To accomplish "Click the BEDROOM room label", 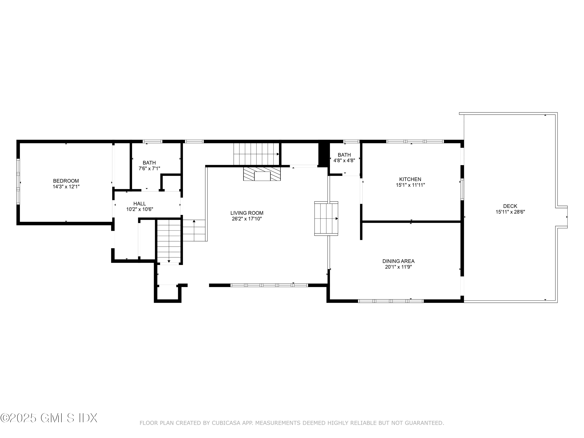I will click(x=66, y=181).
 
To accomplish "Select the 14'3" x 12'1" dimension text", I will click(x=66, y=187).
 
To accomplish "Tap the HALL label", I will click(x=139, y=204).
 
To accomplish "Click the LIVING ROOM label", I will click(x=247, y=213).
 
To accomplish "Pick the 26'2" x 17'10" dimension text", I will click(x=247, y=219).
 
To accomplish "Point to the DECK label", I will click(x=510, y=206).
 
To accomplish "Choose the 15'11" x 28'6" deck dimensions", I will click(x=510, y=212).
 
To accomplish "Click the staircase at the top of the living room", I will click(x=256, y=154).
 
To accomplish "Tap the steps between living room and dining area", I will click(x=326, y=218).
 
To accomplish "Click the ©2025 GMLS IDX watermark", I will click(x=49, y=418).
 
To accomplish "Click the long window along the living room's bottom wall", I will click(x=269, y=285).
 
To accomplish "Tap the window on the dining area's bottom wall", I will click(x=391, y=301).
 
